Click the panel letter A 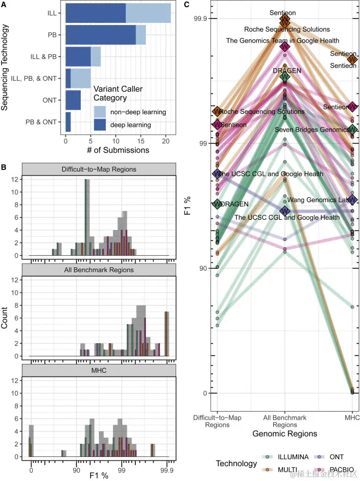tap(3, 4)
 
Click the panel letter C tap(187, 4)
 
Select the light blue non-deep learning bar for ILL tap(148, 13)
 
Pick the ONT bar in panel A tap(73, 100)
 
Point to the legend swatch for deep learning tap(100, 125)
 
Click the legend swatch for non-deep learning tap(100, 112)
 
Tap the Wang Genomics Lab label tap(318, 200)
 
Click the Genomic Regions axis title tap(285, 433)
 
